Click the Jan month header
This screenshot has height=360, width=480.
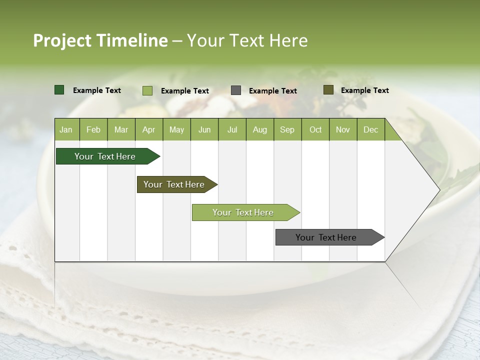click(x=66, y=130)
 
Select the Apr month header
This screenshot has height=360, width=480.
click(x=149, y=130)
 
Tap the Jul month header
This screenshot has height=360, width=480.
click(x=232, y=130)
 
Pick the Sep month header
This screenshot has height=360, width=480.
click(x=287, y=130)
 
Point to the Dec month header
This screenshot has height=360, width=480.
click(x=370, y=130)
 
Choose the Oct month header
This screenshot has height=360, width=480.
click(x=315, y=130)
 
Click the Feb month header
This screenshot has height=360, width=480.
click(x=93, y=130)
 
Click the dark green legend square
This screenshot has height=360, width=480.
click(x=59, y=90)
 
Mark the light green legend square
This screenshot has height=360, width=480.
click(x=147, y=90)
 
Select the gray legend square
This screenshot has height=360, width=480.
click(x=236, y=90)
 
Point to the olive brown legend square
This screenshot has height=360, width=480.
click(x=328, y=90)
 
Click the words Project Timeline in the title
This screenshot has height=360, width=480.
click(x=100, y=40)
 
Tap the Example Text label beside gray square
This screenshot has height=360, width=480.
click(x=273, y=91)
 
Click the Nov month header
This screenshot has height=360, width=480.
click(x=343, y=130)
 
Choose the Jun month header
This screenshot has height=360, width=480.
click(x=204, y=130)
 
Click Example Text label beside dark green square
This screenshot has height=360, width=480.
click(x=97, y=90)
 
